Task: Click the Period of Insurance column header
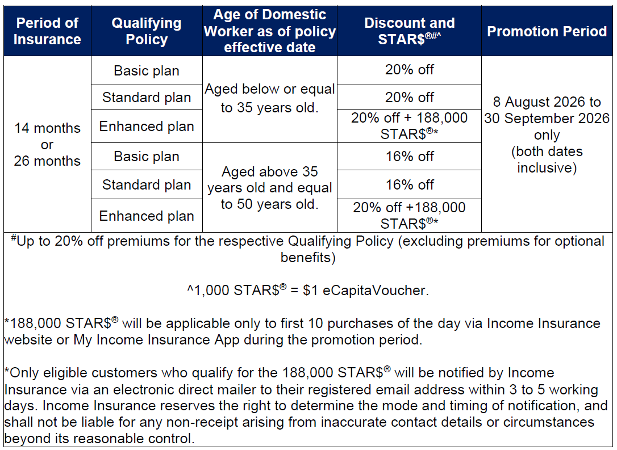pyautogui.click(x=47, y=31)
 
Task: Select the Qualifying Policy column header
pyautogui.click(x=147, y=31)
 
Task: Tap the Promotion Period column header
pyautogui.click(x=547, y=31)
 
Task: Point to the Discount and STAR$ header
pyautogui.click(x=409, y=31)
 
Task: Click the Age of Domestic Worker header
pyautogui.click(x=269, y=31)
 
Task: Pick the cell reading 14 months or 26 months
pyautogui.click(x=47, y=144)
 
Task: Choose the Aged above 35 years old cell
pyautogui.click(x=269, y=188)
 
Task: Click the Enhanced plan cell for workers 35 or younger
pyautogui.click(x=147, y=126)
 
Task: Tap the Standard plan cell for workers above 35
pyautogui.click(x=147, y=184)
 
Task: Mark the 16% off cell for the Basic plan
pyautogui.click(x=409, y=157)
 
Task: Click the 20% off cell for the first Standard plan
pyautogui.click(x=409, y=97)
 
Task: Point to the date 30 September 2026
pyautogui.click(x=547, y=118)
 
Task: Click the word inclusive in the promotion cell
pyautogui.click(x=547, y=168)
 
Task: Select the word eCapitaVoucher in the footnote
pyautogui.click(x=376, y=291)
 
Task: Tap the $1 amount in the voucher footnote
pyautogui.click(x=311, y=291)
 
